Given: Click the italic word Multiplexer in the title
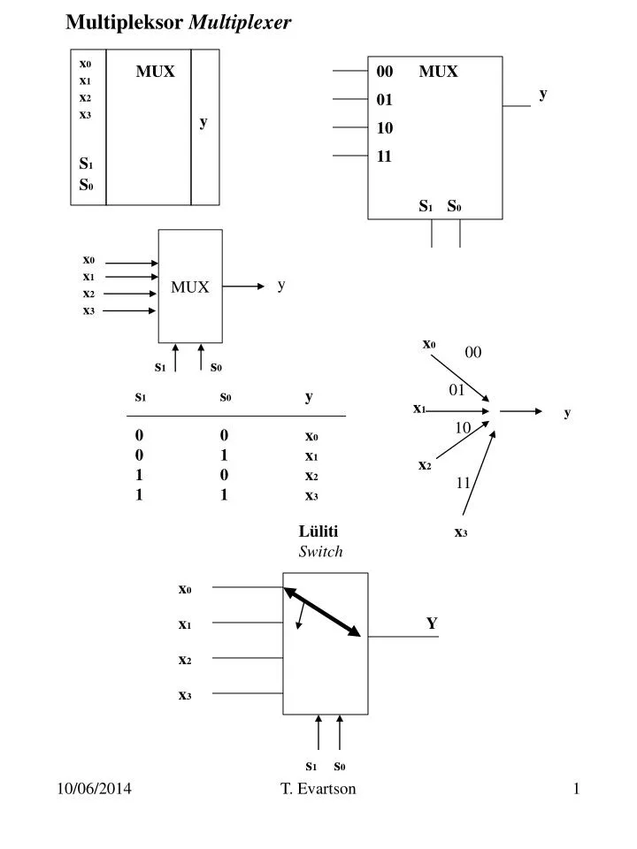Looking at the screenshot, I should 240,24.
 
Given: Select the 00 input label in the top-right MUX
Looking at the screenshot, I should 384,72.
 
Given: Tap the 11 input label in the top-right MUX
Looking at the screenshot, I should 384,157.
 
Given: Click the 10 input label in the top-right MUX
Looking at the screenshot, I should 384,128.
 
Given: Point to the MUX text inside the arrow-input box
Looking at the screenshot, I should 190,287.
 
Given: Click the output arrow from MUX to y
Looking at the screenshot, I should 244,287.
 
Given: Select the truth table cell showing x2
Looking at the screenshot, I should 311,476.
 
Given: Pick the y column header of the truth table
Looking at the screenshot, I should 309,397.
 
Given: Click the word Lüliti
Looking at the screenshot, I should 318,532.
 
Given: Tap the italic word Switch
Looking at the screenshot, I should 319,551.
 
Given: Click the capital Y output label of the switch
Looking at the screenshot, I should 432,623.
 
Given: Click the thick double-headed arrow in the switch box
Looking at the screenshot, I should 322,612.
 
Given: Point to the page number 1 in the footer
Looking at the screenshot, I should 576,789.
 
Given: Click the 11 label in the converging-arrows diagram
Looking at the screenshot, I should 464,483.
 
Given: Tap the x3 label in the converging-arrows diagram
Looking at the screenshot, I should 460,532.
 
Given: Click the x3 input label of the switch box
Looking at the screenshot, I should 185,695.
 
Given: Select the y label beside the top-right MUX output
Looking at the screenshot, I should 543,93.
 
